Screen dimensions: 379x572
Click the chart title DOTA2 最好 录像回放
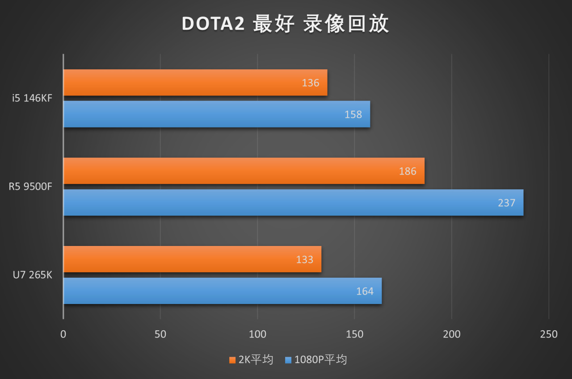(x=286, y=24)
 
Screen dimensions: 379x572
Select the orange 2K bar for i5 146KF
(x=195, y=83)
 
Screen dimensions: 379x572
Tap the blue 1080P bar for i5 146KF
(x=217, y=114)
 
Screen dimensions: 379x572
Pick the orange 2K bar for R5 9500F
(x=244, y=171)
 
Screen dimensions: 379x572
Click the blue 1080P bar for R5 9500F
(x=293, y=203)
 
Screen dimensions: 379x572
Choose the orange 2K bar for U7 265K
(x=192, y=259)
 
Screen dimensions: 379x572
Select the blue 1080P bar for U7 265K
(x=223, y=291)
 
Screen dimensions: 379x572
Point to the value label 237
(x=506, y=203)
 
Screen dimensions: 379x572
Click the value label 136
(x=311, y=83)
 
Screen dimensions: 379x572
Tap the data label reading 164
(x=365, y=291)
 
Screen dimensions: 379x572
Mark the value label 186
(x=408, y=171)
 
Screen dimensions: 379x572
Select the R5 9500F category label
(x=30, y=187)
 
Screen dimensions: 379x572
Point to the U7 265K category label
(x=32, y=275)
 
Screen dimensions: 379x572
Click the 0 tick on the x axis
(x=63, y=334)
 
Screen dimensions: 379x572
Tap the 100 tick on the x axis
(x=257, y=334)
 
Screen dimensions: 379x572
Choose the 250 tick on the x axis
(x=549, y=334)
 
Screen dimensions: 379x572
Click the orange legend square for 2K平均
(x=232, y=360)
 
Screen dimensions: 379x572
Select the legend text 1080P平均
(x=320, y=360)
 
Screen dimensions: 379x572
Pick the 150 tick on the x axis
(x=354, y=334)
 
